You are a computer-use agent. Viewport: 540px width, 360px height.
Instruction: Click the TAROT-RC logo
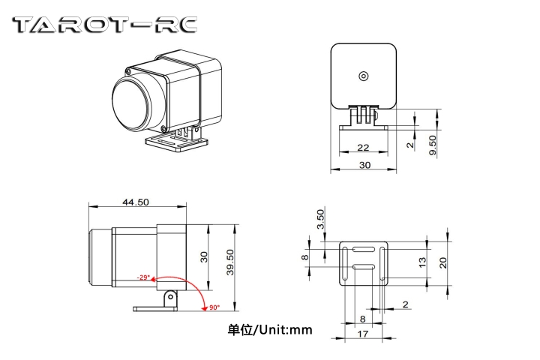point(106,25)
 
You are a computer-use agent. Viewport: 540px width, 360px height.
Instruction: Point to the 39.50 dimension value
point(229,264)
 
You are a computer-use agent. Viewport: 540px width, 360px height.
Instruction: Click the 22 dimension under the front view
point(363,148)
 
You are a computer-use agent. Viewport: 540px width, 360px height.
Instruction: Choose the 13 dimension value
point(422,262)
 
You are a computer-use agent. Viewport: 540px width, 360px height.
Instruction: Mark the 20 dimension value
point(443,262)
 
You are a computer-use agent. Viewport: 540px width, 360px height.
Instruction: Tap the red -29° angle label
point(143,277)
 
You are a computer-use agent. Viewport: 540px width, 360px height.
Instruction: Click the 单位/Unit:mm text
point(270,329)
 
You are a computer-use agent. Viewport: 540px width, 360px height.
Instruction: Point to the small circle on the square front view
point(364,75)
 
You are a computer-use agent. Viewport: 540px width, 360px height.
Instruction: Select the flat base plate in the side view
point(155,307)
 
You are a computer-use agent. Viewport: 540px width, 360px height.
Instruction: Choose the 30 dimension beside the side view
point(202,256)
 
